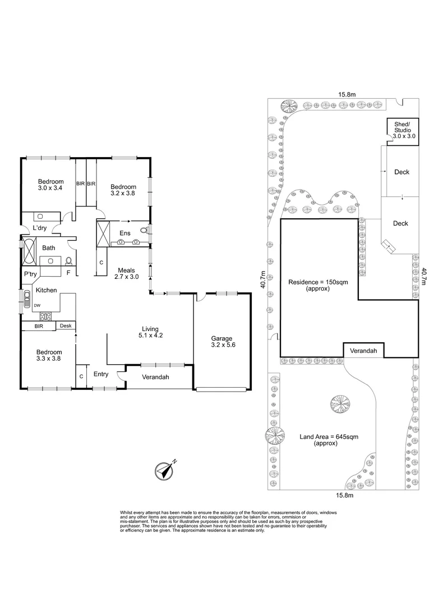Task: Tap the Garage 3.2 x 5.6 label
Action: click(x=222, y=342)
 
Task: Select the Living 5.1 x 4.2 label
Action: click(x=150, y=332)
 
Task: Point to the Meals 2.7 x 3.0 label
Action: click(x=126, y=273)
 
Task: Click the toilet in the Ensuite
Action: click(x=144, y=230)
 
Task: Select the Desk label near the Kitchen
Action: click(x=66, y=326)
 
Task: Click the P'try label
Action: click(x=29, y=274)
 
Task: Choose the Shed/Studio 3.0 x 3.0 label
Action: click(x=403, y=130)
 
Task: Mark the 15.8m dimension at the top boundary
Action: click(x=345, y=94)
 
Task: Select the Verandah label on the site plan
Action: click(x=364, y=351)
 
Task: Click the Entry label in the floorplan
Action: click(x=101, y=375)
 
